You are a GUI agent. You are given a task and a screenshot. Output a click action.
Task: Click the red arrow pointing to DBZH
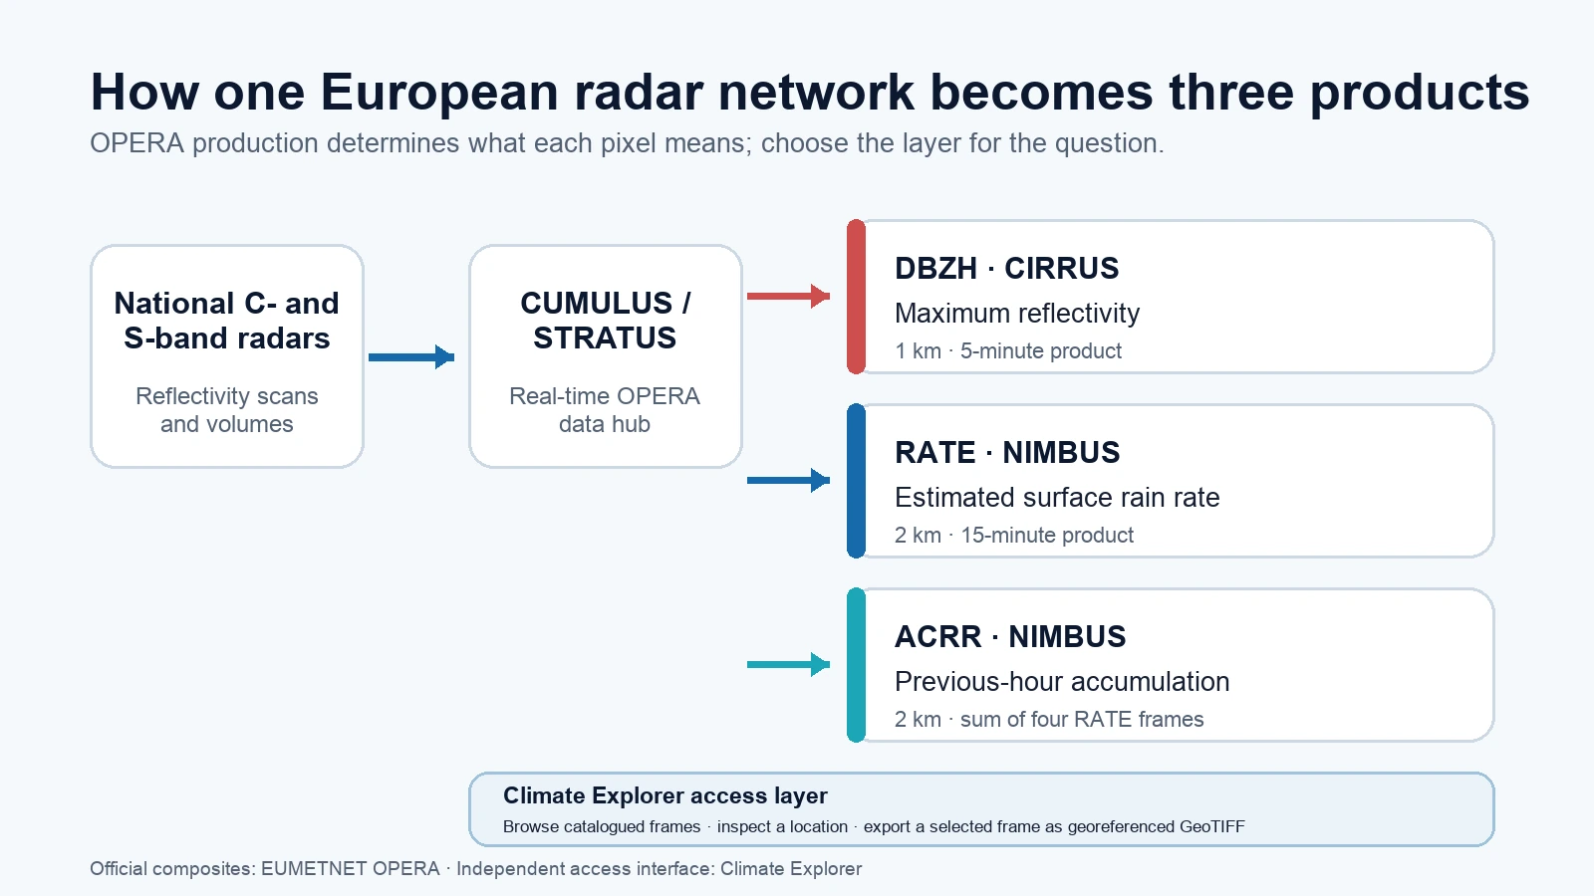[788, 296]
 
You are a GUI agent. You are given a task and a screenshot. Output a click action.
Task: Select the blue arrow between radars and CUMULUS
[411, 357]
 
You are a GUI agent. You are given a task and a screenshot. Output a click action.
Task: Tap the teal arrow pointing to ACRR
[788, 665]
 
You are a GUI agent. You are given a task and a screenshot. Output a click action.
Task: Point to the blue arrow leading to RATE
[788, 481]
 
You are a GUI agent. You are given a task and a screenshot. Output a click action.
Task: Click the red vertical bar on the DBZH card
[856, 297]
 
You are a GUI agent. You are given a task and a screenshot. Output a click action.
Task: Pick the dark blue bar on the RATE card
[856, 481]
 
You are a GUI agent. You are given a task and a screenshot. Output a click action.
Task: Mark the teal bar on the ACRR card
[856, 665]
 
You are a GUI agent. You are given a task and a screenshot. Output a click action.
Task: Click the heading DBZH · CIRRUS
[1007, 269]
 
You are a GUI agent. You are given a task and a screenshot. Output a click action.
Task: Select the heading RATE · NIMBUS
[1007, 453]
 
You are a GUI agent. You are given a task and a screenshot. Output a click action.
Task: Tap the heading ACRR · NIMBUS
[1010, 637]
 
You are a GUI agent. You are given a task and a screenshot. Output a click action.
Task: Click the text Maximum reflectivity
[1017, 314]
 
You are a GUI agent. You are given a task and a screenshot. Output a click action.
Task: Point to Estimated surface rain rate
[1057, 498]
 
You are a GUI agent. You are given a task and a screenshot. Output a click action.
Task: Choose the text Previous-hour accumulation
[1062, 682]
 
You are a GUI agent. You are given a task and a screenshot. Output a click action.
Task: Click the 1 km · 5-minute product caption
[1008, 351]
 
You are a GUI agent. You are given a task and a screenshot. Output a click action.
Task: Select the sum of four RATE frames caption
[1082, 720]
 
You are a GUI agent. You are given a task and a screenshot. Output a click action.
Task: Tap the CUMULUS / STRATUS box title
[605, 321]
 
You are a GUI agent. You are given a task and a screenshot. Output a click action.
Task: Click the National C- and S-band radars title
[227, 321]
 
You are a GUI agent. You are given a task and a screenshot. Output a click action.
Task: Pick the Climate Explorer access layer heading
[665, 795]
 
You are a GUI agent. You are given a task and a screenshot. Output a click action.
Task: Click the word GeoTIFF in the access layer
[1211, 827]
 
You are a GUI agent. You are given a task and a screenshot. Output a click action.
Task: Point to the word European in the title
[439, 93]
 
